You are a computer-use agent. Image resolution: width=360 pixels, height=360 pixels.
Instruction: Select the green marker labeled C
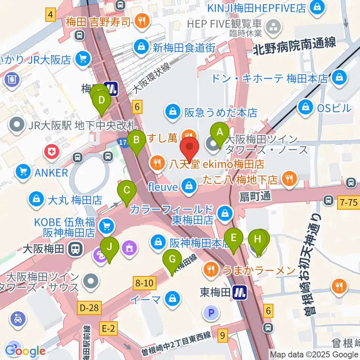click(x=127, y=190)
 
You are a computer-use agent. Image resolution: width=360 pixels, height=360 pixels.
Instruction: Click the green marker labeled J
click(x=109, y=247)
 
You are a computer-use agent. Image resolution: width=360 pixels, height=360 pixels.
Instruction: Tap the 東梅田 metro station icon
click(x=239, y=292)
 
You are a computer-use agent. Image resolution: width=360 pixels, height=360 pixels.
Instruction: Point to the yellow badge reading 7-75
click(x=348, y=202)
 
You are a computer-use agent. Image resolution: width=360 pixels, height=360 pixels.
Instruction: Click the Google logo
click(x=25, y=351)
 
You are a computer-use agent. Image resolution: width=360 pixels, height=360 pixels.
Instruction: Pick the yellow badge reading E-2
click(x=108, y=328)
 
